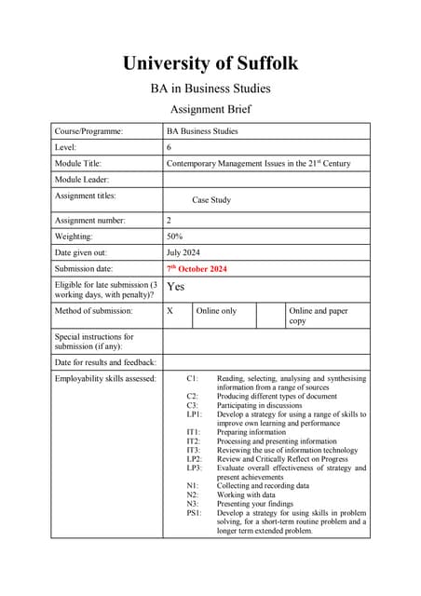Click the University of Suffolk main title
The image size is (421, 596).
(x=210, y=63)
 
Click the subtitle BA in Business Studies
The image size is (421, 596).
(x=210, y=89)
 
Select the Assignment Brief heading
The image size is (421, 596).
(x=210, y=109)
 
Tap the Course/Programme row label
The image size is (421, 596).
(x=88, y=132)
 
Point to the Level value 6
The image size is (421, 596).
(x=169, y=148)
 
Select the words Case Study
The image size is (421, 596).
(x=211, y=200)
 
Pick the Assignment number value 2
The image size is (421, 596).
(x=169, y=221)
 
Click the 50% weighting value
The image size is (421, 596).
(x=174, y=237)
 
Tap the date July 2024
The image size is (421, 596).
(x=183, y=252)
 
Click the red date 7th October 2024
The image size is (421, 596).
(x=197, y=269)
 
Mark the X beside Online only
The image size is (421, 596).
(x=170, y=311)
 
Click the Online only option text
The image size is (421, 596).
(x=217, y=311)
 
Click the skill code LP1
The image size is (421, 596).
(x=194, y=415)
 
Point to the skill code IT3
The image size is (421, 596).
(x=193, y=451)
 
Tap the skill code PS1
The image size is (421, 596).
(x=194, y=513)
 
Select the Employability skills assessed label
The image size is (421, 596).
(x=105, y=379)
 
